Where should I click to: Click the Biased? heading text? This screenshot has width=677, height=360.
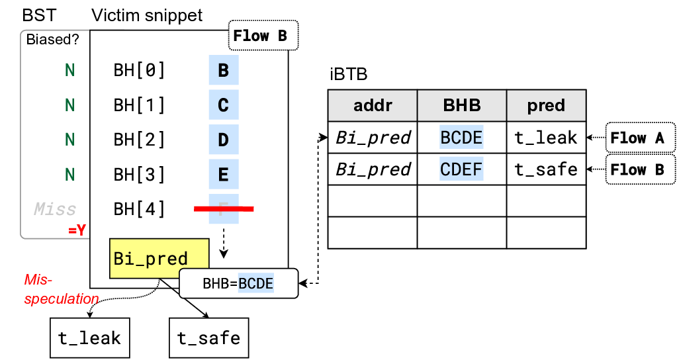(52, 40)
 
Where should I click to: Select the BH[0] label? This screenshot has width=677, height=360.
(139, 70)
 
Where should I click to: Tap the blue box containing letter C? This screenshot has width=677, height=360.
(223, 105)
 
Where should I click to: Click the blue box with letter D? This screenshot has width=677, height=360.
(223, 140)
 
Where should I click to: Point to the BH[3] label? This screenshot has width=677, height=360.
(139, 175)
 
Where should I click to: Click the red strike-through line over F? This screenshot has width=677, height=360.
(224, 209)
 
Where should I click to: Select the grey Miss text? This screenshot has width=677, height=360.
(55, 210)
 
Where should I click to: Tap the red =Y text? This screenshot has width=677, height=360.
(77, 231)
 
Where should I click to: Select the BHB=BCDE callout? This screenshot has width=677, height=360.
(238, 284)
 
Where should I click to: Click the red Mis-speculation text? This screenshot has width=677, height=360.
(61, 289)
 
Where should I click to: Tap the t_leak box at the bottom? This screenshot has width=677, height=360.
(89, 338)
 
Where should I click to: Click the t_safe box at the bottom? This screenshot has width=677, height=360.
(208, 338)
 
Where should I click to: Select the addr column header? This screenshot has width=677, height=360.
(373, 106)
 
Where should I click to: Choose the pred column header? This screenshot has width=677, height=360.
(546, 106)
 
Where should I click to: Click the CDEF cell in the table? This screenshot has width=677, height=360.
(461, 169)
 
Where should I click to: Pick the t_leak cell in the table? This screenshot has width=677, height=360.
(546, 138)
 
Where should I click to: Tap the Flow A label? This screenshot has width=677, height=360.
(639, 138)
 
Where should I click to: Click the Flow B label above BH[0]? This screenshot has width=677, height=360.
(263, 36)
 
